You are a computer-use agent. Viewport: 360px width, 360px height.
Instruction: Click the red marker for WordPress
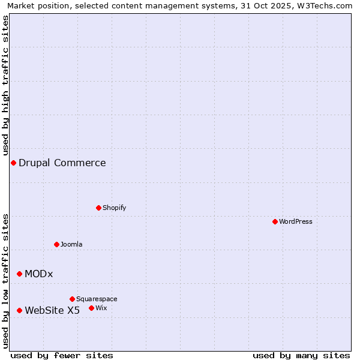[275, 221]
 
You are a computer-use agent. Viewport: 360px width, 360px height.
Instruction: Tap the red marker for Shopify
[98, 208]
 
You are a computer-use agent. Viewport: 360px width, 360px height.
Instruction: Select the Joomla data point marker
[56, 244]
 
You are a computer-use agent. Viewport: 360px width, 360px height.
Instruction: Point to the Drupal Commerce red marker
[13, 163]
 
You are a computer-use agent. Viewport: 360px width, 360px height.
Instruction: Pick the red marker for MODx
[19, 274]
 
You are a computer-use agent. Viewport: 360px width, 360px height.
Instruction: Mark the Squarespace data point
[72, 299]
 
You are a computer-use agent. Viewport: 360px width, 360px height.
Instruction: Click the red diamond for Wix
[91, 308]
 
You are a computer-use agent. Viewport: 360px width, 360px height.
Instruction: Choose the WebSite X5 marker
[19, 310]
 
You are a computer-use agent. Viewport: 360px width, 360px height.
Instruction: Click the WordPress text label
[296, 221]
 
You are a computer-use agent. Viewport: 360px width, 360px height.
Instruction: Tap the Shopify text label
[115, 208]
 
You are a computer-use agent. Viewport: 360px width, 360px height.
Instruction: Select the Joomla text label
[71, 244]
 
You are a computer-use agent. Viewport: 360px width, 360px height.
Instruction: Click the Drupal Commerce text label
[62, 163]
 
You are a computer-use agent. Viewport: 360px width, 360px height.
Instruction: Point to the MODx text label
[39, 274]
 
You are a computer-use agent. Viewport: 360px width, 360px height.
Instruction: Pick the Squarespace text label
[97, 299]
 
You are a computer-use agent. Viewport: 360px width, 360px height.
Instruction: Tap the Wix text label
[101, 308]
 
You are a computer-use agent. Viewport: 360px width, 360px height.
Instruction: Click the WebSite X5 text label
[52, 310]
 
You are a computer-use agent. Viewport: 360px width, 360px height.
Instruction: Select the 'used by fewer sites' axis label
[62, 356]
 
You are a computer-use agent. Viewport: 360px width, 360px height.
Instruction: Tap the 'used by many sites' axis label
[301, 356]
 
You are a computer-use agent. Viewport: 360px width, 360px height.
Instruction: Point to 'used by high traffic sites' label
[5, 85]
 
